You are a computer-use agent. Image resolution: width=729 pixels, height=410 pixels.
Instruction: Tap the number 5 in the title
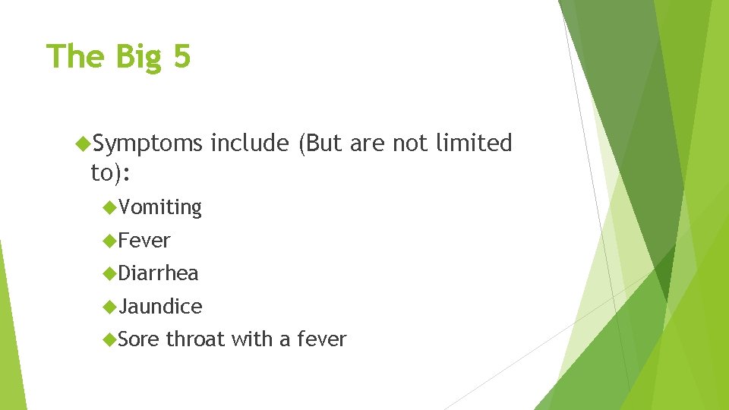[x=181, y=56]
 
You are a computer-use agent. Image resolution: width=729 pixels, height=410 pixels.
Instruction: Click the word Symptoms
[x=148, y=143]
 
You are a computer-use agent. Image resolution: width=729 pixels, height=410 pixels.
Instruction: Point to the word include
[x=250, y=143]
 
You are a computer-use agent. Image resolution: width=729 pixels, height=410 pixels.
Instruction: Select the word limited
[x=474, y=143]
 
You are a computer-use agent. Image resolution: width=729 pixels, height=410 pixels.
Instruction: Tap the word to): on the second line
[x=111, y=173]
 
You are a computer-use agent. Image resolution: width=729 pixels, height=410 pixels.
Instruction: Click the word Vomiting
[x=160, y=207]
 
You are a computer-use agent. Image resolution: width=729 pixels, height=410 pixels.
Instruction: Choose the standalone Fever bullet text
[x=145, y=241]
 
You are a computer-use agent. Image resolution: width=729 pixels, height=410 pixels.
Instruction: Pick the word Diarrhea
[x=159, y=273]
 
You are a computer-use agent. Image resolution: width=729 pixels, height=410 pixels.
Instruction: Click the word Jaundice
[x=161, y=307]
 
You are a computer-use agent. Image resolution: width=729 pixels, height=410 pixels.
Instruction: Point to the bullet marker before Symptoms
[x=84, y=143]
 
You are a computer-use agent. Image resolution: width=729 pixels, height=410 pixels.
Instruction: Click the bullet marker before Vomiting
[x=111, y=207]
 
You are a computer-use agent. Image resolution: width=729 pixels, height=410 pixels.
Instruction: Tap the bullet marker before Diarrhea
[x=111, y=273]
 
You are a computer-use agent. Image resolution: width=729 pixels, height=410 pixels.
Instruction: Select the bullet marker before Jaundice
[x=111, y=306]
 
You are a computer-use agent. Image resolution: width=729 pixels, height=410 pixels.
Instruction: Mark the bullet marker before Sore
[x=111, y=339]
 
